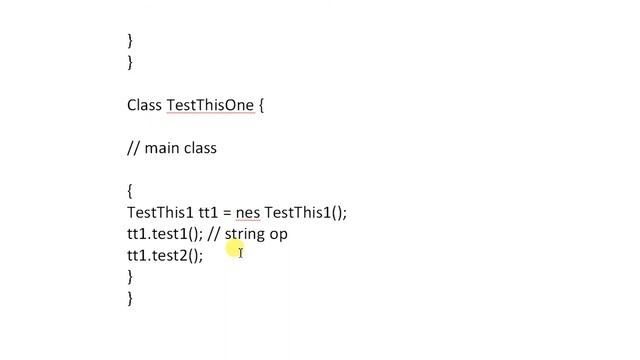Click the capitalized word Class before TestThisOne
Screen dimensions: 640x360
[x=144, y=105]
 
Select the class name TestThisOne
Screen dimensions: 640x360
[x=210, y=105]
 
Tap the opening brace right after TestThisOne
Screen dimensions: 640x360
[x=262, y=105]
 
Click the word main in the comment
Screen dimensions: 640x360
[x=164, y=148]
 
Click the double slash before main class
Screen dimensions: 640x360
[x=133, y=148]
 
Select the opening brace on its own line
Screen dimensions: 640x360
[x=130, y=190]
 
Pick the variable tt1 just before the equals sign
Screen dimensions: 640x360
[x=208, y=212]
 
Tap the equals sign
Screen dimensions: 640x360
[x=227, y=213]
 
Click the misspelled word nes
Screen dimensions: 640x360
[x=248, y=212]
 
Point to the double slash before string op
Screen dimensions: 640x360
[x=214, y=233]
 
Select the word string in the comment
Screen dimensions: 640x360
[x=245, y=233]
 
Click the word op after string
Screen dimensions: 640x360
[x=279, y=234]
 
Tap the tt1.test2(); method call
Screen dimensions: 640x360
[x=164, y=255]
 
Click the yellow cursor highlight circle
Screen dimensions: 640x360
[x=235, y=251]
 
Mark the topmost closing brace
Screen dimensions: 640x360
[x=130, y=41]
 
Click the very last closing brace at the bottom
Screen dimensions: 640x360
[x=130, y=298]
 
